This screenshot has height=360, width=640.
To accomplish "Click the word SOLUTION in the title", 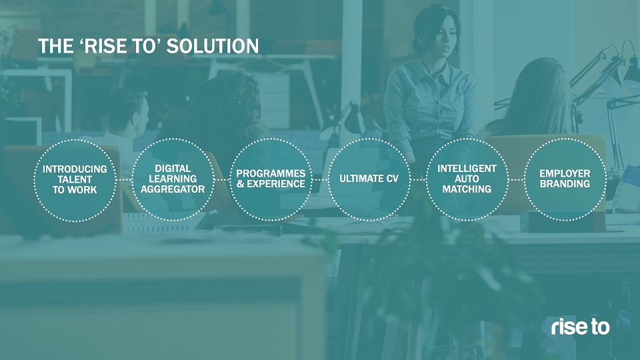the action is (x=213, y=46).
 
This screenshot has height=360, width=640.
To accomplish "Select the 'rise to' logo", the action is (x=580, y=327).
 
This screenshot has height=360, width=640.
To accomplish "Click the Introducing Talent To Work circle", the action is (x=75, y=141).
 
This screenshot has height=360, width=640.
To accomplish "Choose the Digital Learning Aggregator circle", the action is (x=173, y=139).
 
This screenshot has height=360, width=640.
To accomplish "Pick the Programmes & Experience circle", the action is (x=271, y=139).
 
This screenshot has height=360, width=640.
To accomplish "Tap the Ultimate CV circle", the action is (x=369, y=139).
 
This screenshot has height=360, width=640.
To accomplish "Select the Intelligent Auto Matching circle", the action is (x=467, y=139).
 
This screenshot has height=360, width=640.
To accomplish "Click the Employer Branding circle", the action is (x=565, y=139).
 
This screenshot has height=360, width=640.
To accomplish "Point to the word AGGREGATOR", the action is (x=173, y=189).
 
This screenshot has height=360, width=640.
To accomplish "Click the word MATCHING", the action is (x=467, y=189).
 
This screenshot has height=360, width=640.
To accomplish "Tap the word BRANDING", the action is (x=565, y=184).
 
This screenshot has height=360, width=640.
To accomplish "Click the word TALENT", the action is (x=75, y=179).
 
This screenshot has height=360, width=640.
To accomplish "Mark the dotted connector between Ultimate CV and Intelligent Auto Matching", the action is (x=419, y=179).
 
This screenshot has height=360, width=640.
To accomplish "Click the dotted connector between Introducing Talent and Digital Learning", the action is (x=124, y=180).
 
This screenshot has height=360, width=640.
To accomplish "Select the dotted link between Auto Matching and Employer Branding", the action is (x=516, y=179).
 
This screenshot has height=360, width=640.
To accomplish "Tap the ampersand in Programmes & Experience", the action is (x=241, y=184).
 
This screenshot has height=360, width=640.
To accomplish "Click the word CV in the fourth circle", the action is (x=391, y=179).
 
